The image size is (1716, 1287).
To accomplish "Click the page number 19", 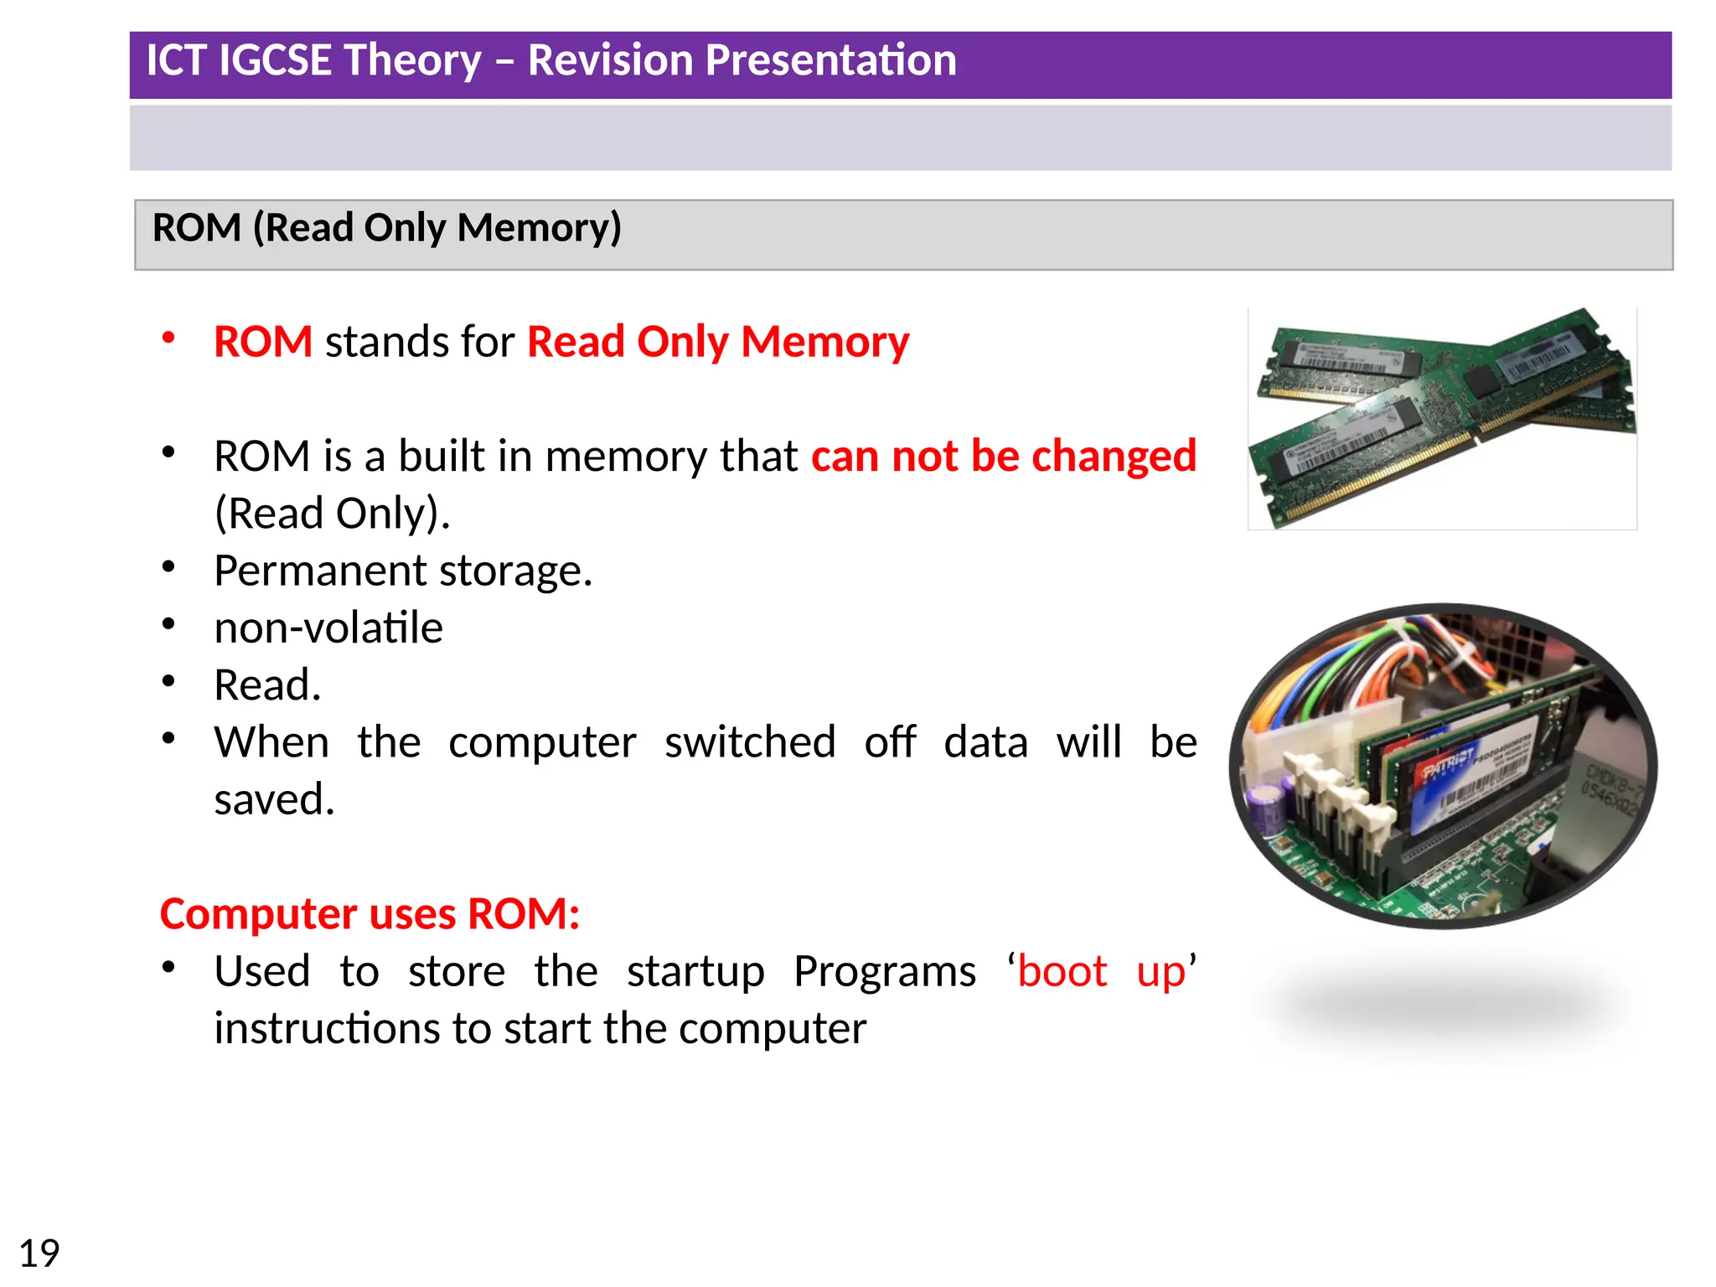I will [x=39, y=1253].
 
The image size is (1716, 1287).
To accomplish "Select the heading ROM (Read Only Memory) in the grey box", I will [x=386, y=228].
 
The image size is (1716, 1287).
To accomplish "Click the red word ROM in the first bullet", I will [x=263, y=342].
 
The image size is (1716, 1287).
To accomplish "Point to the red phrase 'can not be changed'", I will [x=1003, y=457].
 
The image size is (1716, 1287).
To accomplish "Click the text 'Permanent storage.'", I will [x=403, y=571].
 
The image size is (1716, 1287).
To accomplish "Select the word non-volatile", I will [x=328, y=628].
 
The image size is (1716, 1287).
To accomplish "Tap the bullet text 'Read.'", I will [x=267, y=685].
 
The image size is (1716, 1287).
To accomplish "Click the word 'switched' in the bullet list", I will [x=750, y=742].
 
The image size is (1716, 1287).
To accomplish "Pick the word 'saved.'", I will [x=274, y=799].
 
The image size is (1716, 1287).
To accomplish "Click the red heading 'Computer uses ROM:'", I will [x=370, y=913].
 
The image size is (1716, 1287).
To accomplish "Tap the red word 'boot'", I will [x=1062, y=971].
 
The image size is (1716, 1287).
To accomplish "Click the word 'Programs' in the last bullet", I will [x=884, y=971].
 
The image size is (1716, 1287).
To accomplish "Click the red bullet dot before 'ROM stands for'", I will [x=168, y=338].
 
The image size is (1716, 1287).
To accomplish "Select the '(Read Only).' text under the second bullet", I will [x=332, y=514].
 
